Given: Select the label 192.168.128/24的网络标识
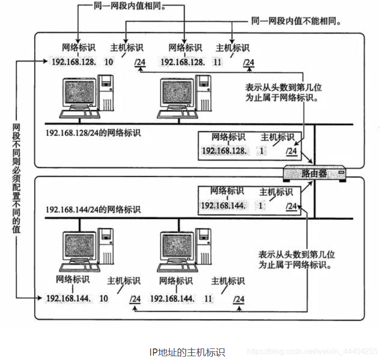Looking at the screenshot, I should click(x=93, y=133).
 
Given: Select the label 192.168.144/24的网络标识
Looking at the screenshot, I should click(x=93, y=210).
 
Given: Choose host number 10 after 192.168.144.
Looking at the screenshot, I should click(x=103, y=299).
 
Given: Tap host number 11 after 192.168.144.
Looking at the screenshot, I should click(x=208, y=299).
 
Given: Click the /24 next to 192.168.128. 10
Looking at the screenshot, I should click(x=140, y=62).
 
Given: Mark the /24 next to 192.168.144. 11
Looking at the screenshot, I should click(x=239, y=299).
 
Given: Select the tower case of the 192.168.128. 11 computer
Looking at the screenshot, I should click(x=204, y=93).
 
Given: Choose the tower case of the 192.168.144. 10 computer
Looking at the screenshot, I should click(x=106, y=245).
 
